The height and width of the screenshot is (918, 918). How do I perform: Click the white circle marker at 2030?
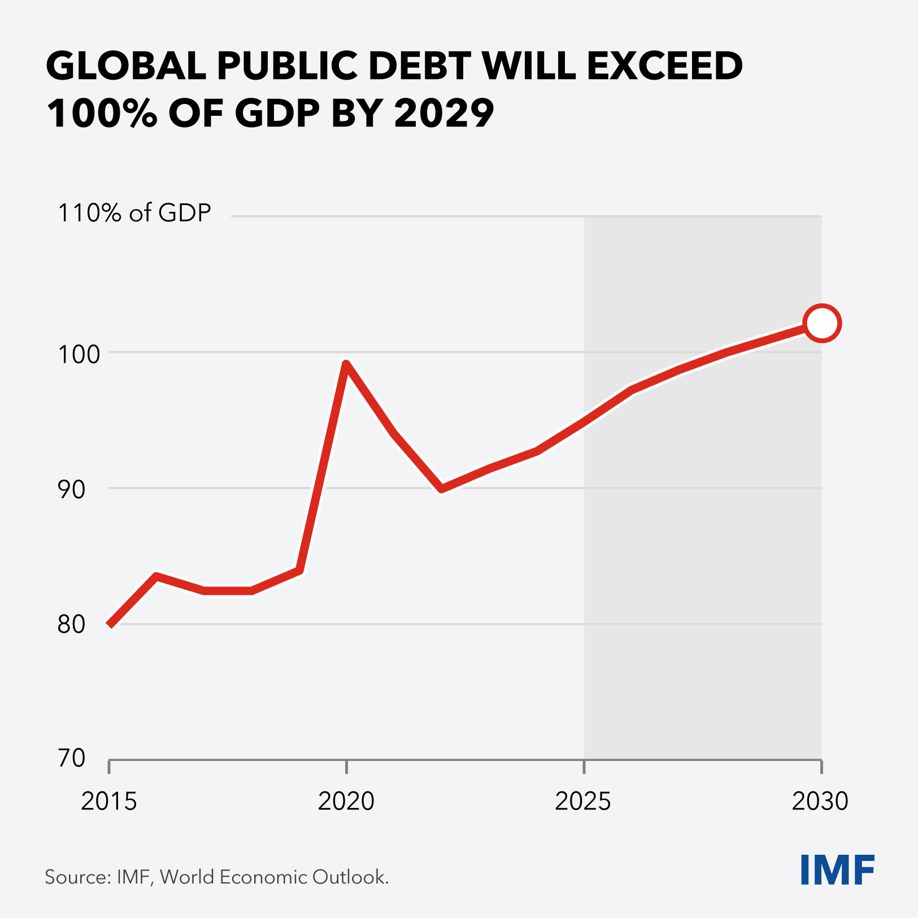pyautogui.click(x=822, y=323)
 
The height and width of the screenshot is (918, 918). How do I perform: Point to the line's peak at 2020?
pyautogui.click(x=346, y=364)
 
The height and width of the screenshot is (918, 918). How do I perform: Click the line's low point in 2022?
pyautogui.click(x=441, y=489)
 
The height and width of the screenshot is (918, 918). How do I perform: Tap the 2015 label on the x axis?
pyautogui.click(x=109, y=802)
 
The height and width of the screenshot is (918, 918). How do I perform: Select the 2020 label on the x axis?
pyautogui.click(x=346, y=802)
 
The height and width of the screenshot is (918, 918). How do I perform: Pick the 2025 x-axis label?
pyautogui.click(x=583, y=802)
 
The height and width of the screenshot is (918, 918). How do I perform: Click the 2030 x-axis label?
pyautogui.click(x=820, y=802)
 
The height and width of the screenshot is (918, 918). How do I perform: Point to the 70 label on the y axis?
pyautogui.click(x=72, y=758)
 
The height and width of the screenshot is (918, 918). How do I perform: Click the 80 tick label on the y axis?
pyautogui.click(x=72, y=624)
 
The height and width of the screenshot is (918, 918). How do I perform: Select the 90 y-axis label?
pyautogui.click(x=72, y=489)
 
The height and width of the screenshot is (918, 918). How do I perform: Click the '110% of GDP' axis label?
pyautogui.click(x=134, y=213)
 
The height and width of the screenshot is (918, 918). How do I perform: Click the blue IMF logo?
pyautogui.click(x=837, y=870)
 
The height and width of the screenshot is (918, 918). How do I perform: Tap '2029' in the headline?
pyautogui.click(x=443, y=112)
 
